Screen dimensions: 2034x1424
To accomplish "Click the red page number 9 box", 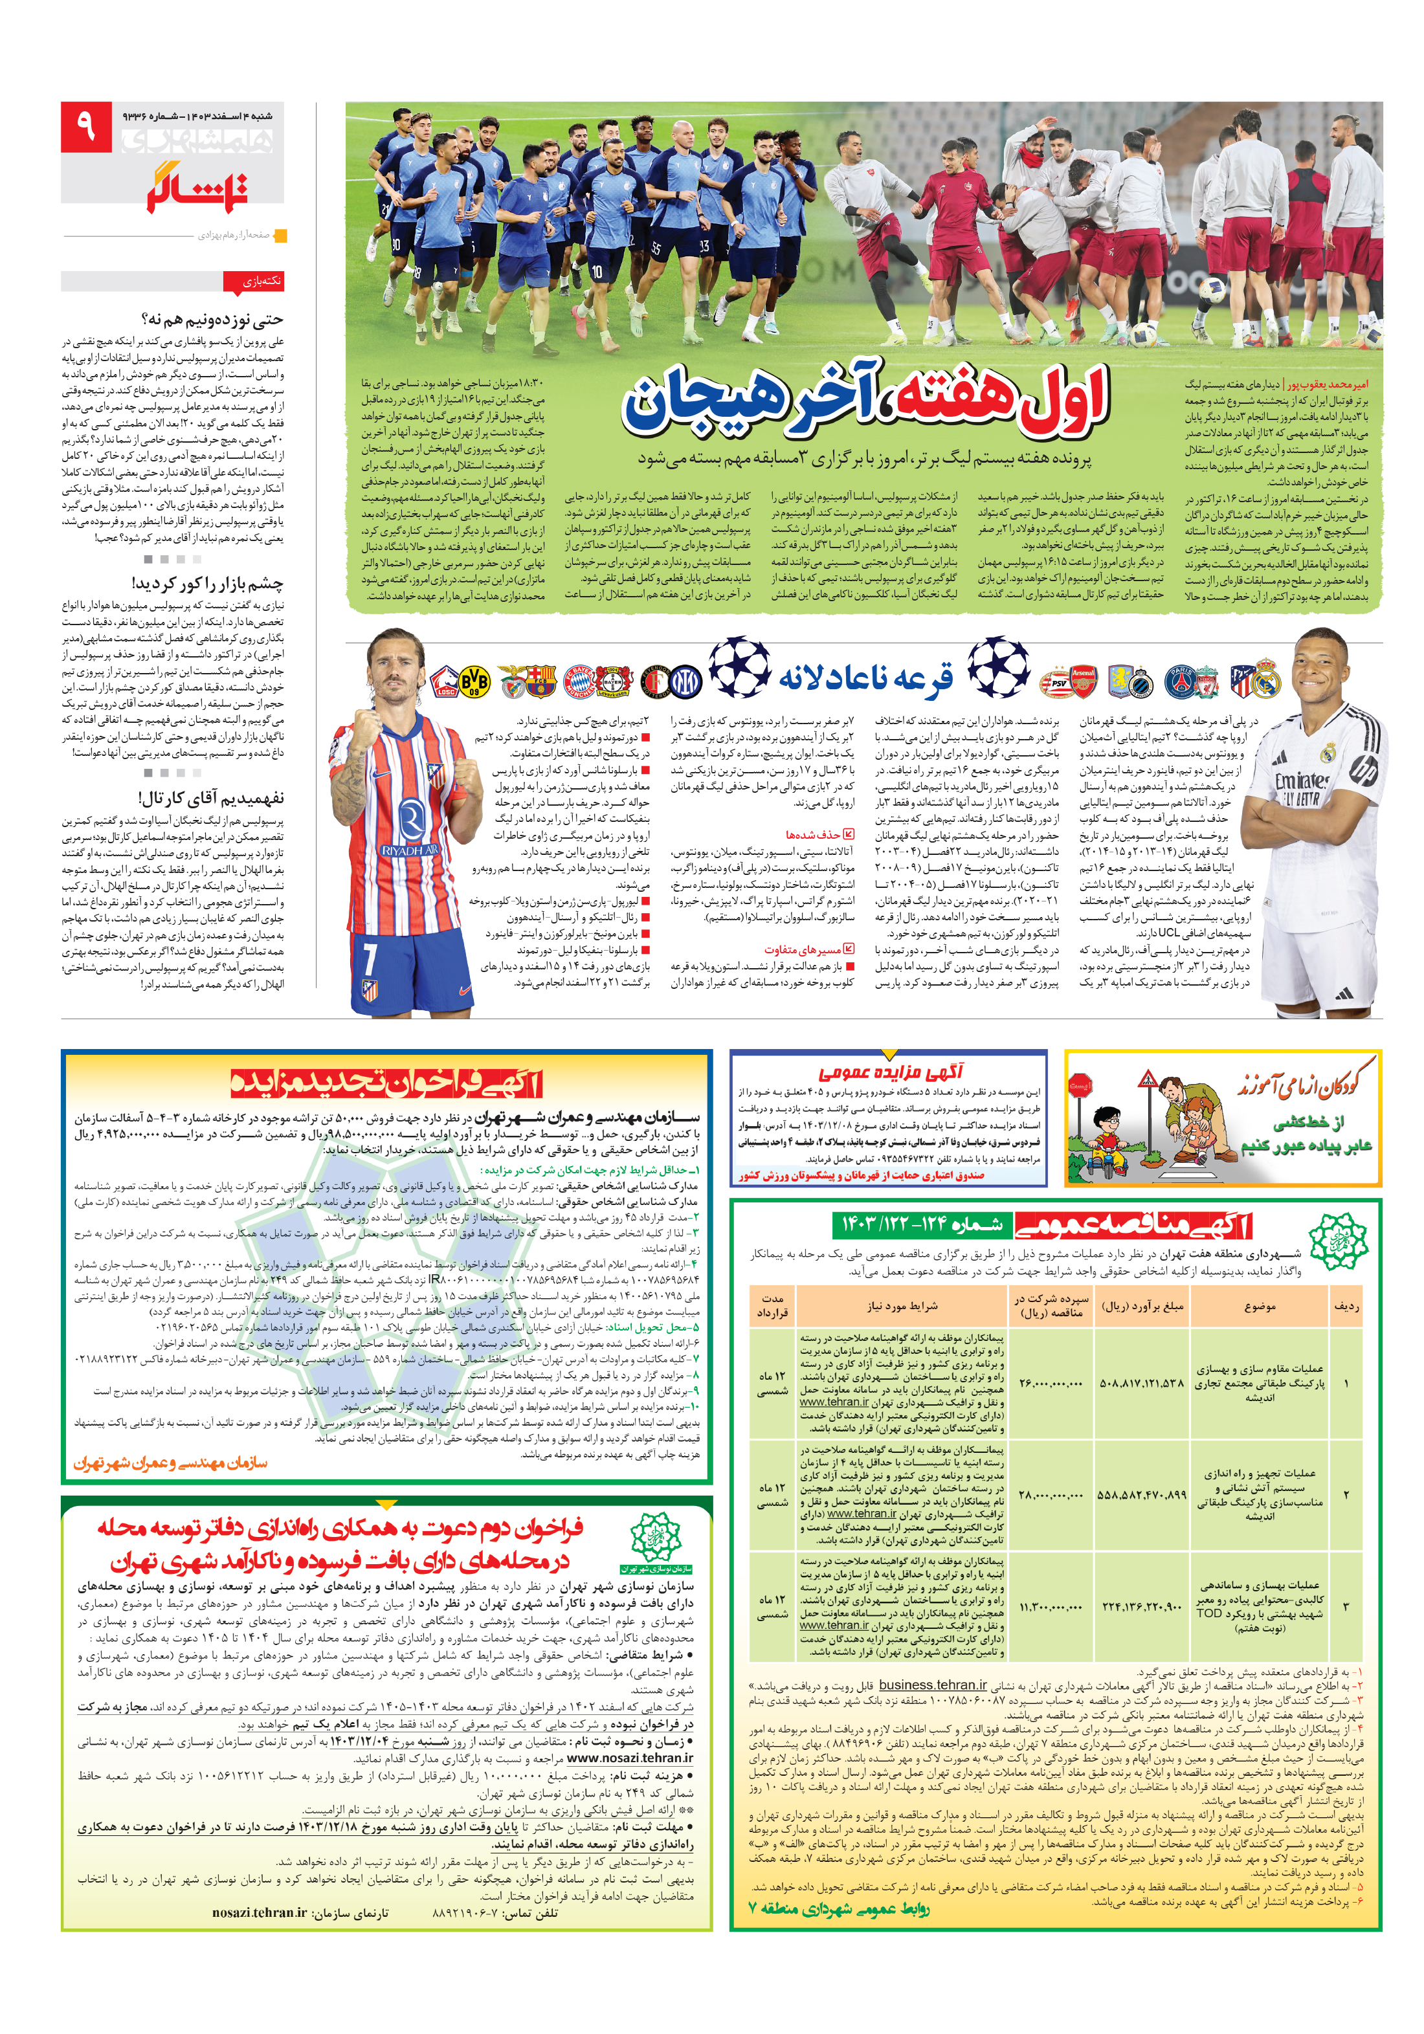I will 86,127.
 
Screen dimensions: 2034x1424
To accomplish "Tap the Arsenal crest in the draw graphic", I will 1082,680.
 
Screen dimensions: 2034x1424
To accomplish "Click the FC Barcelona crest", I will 540,680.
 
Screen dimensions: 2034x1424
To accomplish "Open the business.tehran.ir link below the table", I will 932,1685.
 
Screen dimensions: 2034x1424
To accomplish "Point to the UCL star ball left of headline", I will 739,667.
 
